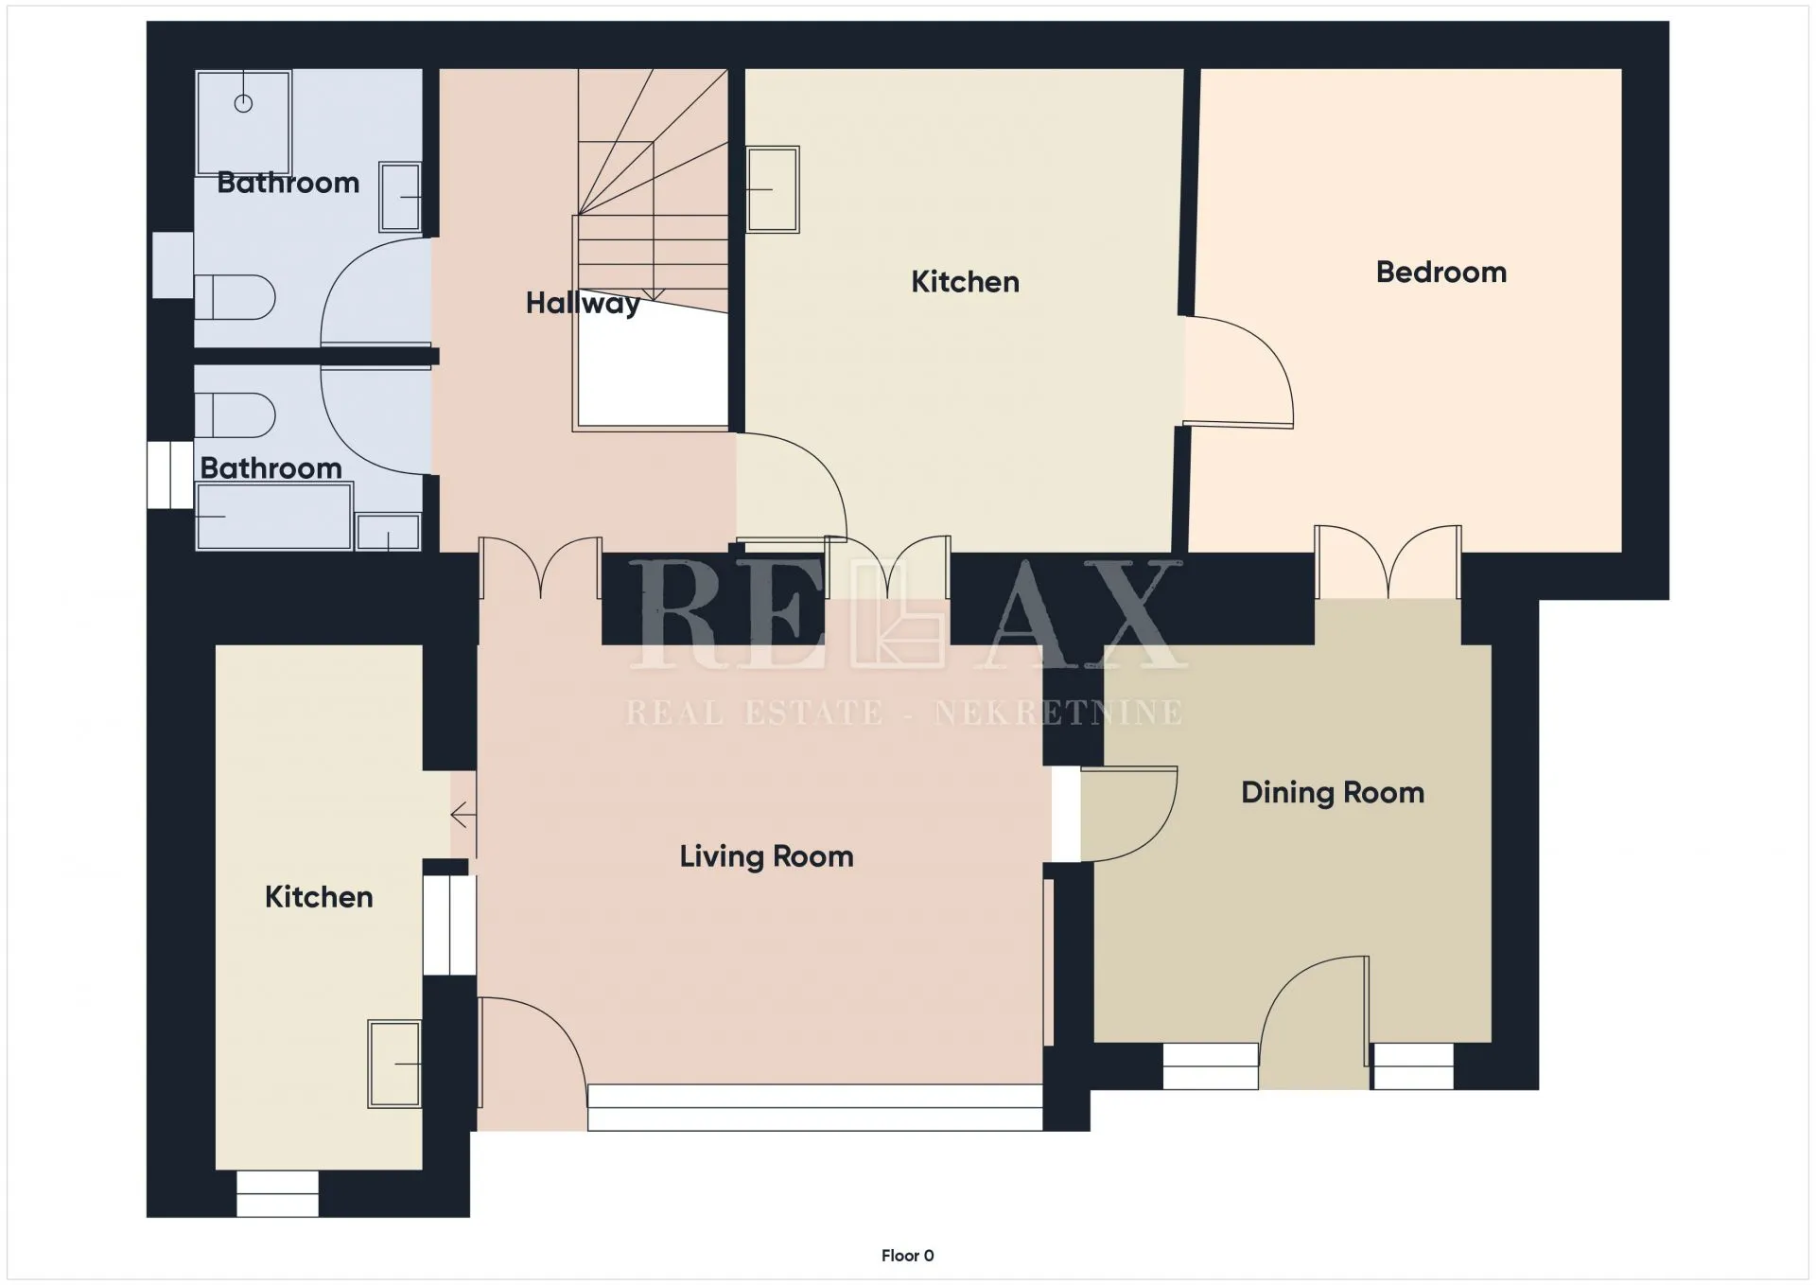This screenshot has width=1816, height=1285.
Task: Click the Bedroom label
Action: (1441, 273)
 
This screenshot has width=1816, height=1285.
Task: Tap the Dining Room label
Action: (1332, 792)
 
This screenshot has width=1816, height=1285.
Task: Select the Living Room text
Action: (766, 856)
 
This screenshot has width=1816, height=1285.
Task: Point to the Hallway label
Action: (583, 303)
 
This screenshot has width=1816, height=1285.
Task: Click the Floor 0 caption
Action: (907, 1256)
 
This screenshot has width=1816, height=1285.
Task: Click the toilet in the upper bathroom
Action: (235, 298)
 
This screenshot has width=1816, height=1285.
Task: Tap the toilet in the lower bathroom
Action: (235, 415)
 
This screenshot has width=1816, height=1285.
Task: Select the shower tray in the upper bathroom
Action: (244, 122)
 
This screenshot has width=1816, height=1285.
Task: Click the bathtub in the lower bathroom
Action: (274, 516)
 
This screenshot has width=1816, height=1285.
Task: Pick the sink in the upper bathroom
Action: (400, 197)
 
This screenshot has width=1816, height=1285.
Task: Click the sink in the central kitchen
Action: (773, 189)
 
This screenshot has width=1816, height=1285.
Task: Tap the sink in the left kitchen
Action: (394, 1064)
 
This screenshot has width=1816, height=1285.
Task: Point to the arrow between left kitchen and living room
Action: (463, 814)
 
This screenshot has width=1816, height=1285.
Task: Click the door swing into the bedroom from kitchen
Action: (1240, 371)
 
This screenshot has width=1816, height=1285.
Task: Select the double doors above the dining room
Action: (1388, 562)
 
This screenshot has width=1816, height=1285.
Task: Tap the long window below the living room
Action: (815, 1107)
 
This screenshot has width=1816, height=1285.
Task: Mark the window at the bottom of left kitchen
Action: (277, 1193)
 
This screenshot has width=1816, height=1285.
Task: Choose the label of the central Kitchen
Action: (965, 282)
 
